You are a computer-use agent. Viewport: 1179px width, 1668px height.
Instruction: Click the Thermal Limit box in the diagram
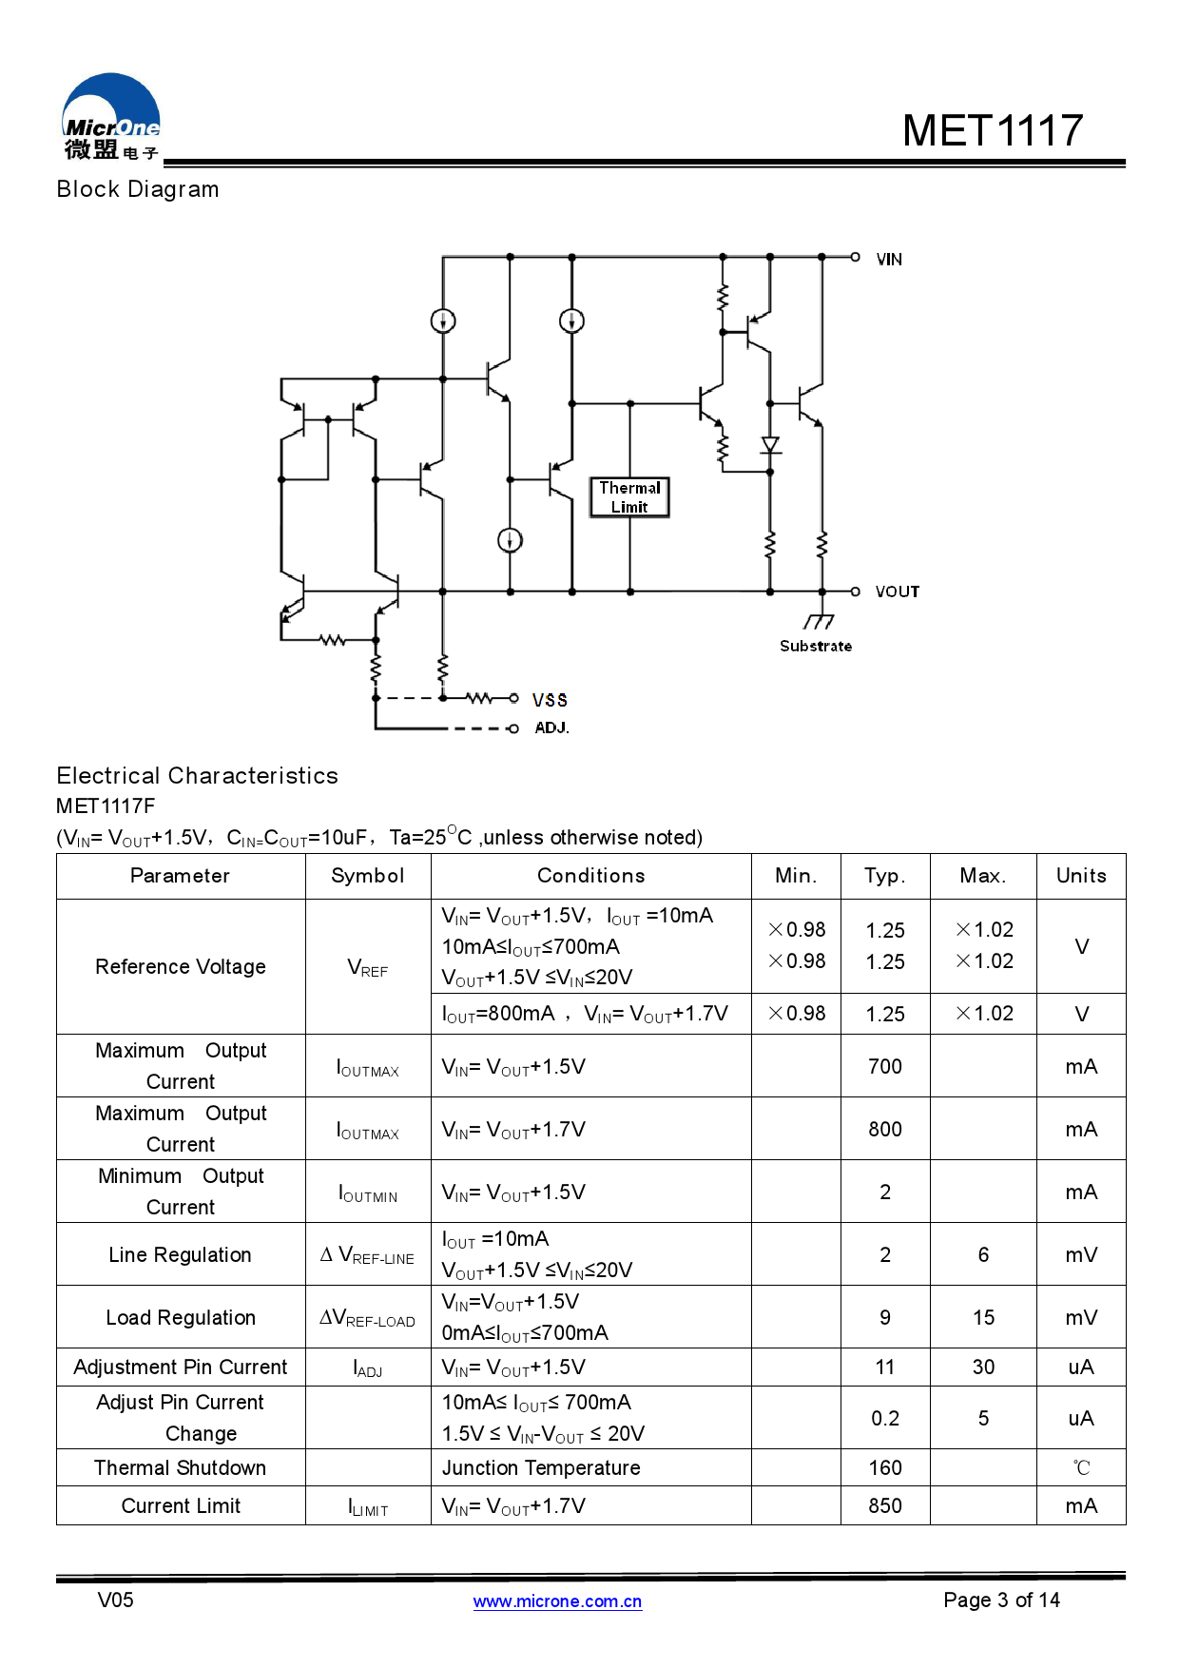629,497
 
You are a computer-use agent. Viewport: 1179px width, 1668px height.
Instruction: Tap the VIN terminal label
889,260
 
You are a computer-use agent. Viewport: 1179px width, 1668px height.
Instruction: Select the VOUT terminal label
898,592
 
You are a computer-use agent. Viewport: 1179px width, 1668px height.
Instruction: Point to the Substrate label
816,646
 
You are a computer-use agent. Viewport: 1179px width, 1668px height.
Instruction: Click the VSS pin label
550,700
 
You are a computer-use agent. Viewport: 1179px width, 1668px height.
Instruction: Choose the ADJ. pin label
551,727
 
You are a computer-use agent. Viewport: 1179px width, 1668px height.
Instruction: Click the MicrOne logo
111,116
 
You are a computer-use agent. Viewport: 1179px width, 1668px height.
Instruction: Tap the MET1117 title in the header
993,130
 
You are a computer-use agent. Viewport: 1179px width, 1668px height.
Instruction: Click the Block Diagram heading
138,189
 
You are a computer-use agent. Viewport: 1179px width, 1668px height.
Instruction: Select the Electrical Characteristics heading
197,776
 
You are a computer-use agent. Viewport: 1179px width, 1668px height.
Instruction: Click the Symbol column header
368,876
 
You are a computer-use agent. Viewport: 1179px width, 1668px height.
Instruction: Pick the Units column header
1081,876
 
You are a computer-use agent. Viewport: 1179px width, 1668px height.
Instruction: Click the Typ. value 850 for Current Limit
885,1506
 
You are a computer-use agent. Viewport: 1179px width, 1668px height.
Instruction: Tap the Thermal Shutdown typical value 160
885,1468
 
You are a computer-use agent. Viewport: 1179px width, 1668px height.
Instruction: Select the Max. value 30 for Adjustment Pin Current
983,1367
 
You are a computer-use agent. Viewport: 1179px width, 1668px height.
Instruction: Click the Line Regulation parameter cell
181,1255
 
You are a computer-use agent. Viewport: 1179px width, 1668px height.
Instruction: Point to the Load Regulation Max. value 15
983,1318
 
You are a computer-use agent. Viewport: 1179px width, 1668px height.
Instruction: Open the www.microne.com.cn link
557,1601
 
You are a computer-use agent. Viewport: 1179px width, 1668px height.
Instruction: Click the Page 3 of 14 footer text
1001,1600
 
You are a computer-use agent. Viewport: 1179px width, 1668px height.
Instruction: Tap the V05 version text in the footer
116,1600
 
